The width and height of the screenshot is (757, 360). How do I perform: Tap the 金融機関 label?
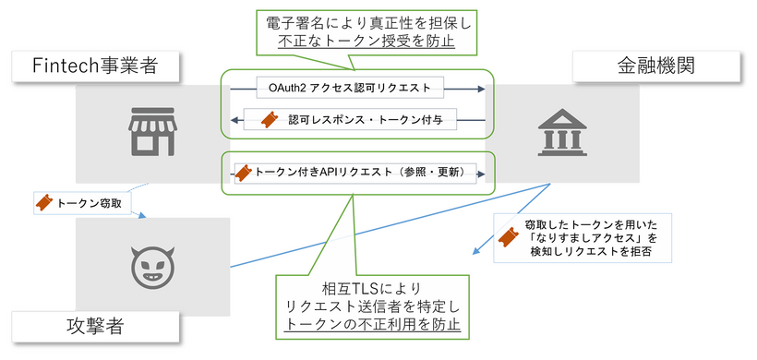click(656, 66)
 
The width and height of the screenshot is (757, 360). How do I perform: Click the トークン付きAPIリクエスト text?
click(365, 173)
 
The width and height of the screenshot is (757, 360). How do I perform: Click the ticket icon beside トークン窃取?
click(43, 201)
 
